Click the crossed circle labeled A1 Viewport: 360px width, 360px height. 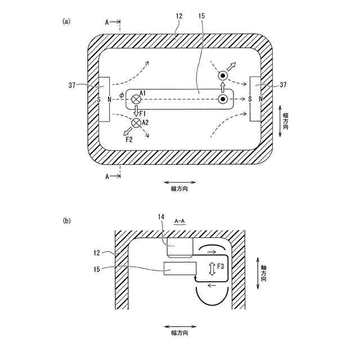(x=136, y=99)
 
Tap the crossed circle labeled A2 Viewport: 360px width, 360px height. (x=136, y=123)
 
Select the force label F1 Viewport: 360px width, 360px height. (x=142, y=113)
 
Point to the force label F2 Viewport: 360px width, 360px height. (x=129, y=138)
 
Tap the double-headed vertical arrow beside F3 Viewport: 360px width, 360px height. (x=212, y=268)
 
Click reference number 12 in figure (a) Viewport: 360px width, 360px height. (x=179, y=17)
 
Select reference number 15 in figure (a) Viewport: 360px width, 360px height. (x=201, y=17)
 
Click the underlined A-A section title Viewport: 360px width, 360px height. (x=179, y=222)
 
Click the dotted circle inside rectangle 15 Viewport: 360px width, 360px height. (x=223, y=100)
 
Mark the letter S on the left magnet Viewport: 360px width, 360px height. (x=99, y=99)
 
